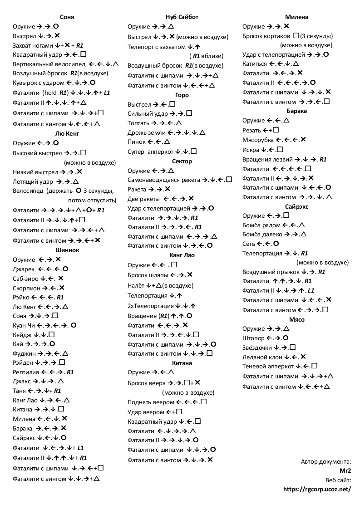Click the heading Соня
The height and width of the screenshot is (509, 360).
[67, 17]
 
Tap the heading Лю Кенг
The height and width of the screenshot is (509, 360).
[67, 133]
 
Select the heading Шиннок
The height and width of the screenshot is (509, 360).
[67, 250]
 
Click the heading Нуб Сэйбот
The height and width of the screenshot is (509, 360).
[182, 17]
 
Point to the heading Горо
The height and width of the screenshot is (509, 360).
[182, 95]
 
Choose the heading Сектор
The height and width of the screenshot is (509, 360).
[182, 161]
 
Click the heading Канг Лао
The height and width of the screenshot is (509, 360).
[182, 255]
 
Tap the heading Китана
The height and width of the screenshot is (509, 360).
[182, 363]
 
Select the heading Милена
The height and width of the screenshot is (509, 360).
[296, 17]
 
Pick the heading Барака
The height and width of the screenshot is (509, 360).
[296, 111]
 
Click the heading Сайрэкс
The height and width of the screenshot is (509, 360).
[296, 206]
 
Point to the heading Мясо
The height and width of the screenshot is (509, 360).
[296, 319]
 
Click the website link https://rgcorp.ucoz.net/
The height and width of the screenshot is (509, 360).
[317, 489]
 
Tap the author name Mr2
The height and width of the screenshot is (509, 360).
[345, 470]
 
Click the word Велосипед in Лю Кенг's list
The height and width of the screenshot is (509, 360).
[28, 191]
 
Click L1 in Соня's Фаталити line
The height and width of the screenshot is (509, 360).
[107, 93]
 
